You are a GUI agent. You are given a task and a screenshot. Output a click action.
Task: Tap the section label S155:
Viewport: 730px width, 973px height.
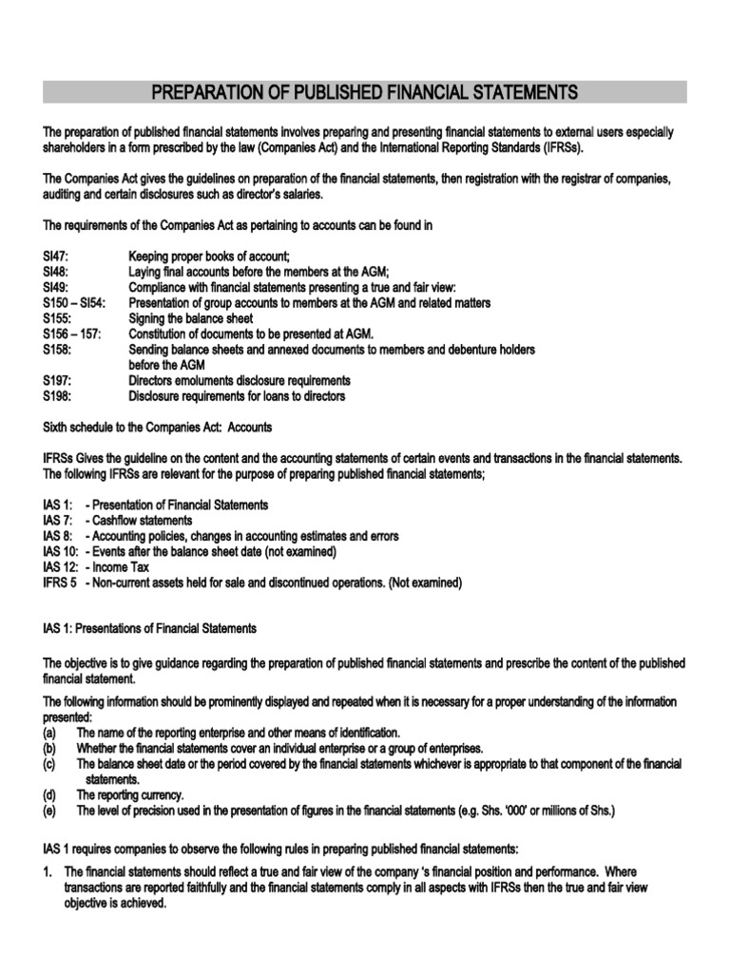(57, 318)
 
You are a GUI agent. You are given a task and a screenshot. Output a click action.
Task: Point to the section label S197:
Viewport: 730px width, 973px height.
(57, 380)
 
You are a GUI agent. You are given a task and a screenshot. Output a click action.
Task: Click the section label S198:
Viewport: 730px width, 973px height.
(57, 395)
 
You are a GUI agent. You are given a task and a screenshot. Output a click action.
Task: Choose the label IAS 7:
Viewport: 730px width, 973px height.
(58, 521)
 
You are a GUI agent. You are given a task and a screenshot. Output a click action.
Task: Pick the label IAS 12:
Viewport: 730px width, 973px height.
(61, 567)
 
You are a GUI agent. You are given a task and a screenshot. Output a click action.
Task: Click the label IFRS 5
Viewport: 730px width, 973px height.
(60, 582)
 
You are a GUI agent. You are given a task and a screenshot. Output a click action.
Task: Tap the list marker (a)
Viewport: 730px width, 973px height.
(49, 733)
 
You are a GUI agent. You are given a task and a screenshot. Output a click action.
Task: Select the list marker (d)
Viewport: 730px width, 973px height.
(49, 794)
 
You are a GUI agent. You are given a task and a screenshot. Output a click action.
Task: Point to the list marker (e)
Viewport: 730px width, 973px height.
(49, 811)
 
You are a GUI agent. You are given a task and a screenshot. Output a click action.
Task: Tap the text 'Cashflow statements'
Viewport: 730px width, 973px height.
(142, 521)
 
